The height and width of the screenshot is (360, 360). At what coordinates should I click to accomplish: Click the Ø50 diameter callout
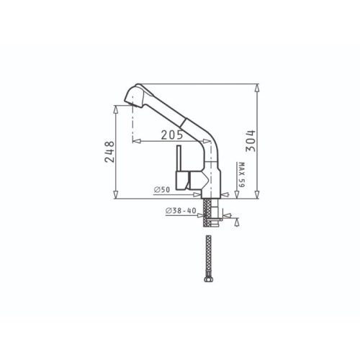(x=161, y=189)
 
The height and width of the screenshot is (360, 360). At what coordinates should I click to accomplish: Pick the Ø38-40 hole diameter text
(x=180, y=211)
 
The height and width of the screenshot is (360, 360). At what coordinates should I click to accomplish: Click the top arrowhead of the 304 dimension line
(x=257, y=85)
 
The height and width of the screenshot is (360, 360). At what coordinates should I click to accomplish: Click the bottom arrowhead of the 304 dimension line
(x=257, y=196)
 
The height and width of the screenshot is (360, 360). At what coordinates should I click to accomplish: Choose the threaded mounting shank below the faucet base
(x=209, y=210)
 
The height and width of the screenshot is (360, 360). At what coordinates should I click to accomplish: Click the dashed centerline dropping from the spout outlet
(x=134, y=130)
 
